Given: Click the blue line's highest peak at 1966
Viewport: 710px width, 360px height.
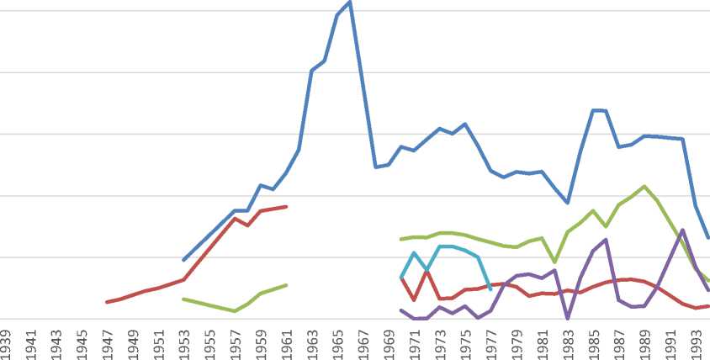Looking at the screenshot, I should pyautogui.click(x=350, y=2).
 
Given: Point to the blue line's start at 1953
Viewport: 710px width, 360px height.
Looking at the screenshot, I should pyautogui.click(x=183, y=260).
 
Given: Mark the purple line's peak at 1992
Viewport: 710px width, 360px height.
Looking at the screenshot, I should pyautogui.click(x=682, y=230).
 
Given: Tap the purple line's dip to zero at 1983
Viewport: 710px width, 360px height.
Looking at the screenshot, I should pyautogui.click(x=568, y=319).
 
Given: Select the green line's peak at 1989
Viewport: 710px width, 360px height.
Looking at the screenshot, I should pyautogui.click(x=644, y=186).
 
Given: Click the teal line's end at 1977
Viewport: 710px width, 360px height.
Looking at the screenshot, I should pyautogui.click(x=490, y=289).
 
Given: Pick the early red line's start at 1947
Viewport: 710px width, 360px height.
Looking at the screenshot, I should pyautogui.click(x=107, y=302).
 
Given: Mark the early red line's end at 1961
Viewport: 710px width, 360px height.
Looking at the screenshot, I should pyautogui.click(x=287, y=206).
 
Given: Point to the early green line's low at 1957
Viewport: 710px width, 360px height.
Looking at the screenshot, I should pyautogui.click(x=234, y=311).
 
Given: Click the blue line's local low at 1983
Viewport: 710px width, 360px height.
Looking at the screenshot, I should pyautogui.click(x=568, y=203).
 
